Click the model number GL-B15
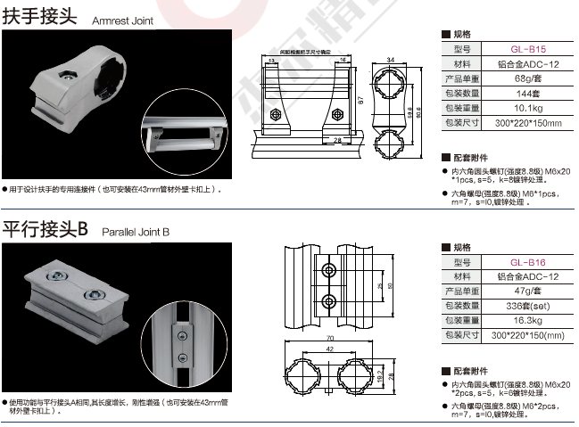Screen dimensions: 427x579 [x=528, y=50]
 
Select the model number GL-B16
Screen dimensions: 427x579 [x=528, y=262]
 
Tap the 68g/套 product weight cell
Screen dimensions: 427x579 [x=528, y=78]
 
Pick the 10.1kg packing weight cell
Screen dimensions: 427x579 [x=528, y=107]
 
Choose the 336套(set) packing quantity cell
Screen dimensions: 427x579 [x=528, y=305]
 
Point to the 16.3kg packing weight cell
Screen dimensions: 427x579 [x=528, y=319]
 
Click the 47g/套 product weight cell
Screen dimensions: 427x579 [x=528, y=291]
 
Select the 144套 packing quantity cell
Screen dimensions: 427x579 [x=528, y=93]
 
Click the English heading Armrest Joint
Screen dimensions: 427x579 [x=124, y=19]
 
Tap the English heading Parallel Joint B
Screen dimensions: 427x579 [x=135, y=232]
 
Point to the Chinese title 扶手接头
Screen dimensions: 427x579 [x=40, y=17]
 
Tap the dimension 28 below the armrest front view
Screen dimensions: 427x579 [x=338, y=140]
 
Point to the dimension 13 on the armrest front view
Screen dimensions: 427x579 [x=271, y=62]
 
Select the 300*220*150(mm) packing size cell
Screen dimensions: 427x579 [x=528, y=333]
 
